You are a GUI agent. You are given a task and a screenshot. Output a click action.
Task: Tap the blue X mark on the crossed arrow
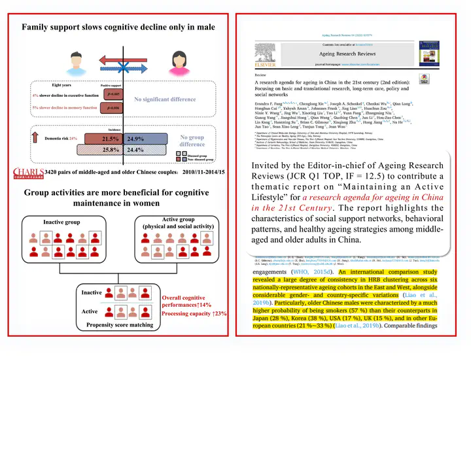click(124, 60)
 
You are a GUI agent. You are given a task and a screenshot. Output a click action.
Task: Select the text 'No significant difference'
click(165, 99)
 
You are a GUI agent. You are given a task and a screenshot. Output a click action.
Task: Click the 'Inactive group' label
click(61, 222)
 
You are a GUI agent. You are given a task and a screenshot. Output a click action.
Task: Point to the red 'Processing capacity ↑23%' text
click(195, 314)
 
